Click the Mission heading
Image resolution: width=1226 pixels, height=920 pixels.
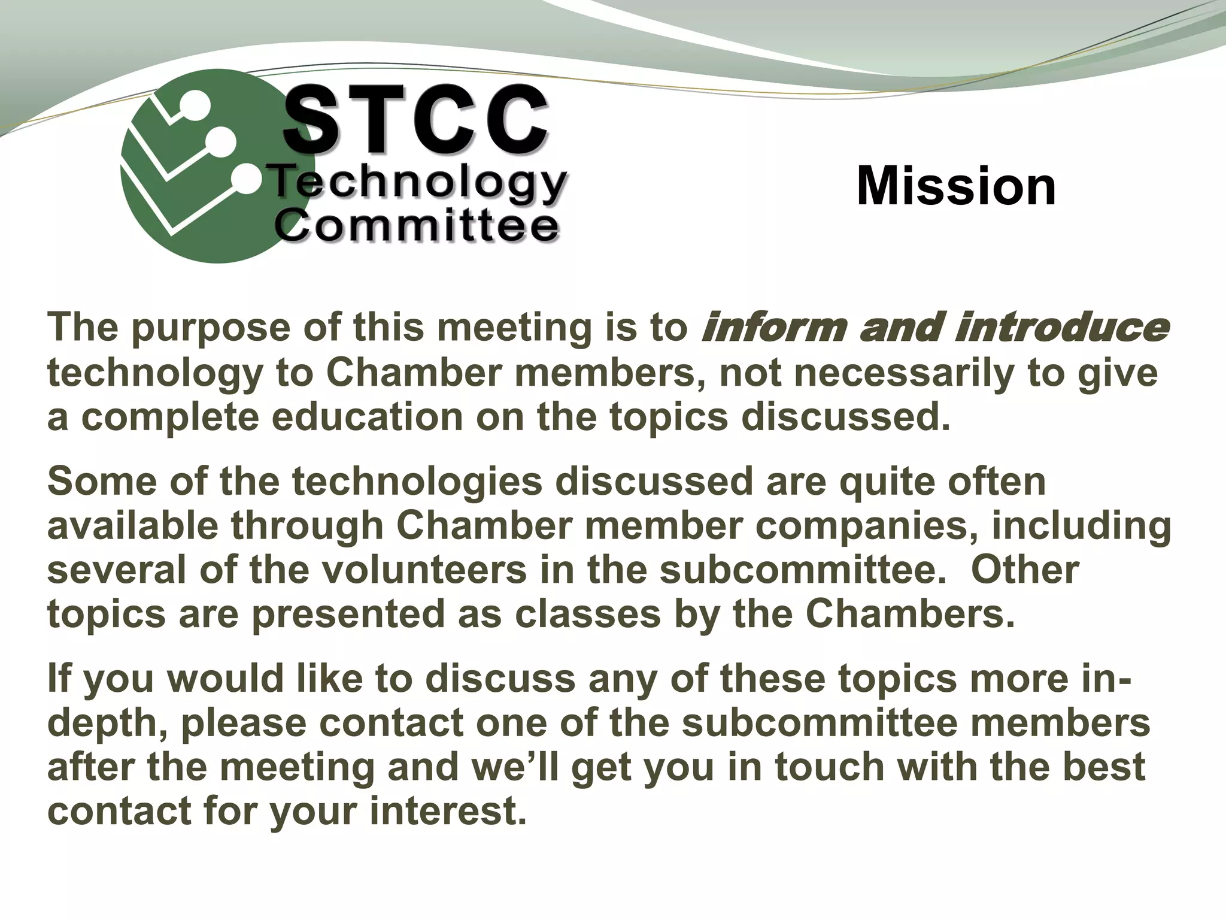[x=956, y=186]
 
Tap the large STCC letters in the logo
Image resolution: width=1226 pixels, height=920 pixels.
[x=415, y=120]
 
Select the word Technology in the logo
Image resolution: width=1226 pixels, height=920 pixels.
[x=418, y=182]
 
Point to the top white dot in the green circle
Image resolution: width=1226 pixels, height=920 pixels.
[x=196, y=105]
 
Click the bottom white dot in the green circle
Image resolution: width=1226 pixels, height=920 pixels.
[x=246, y=178]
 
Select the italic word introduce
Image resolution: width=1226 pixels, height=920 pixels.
[x=1060, y=328]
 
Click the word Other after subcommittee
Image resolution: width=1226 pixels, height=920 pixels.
[x=1025, y=570]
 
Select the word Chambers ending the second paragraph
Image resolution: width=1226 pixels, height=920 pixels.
[x=909, y=614]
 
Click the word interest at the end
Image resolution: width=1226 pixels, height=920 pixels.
[x=447, y=812]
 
